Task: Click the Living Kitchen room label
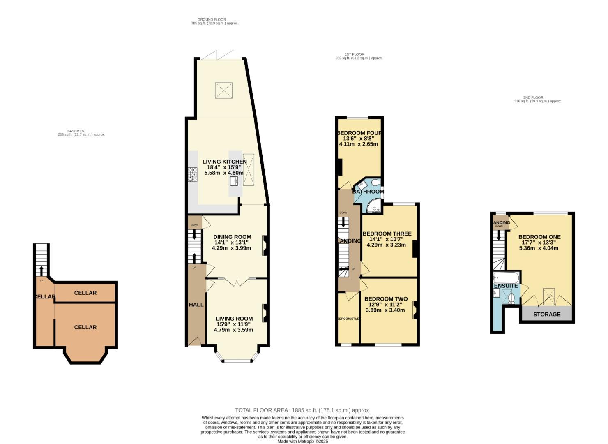[225, 162]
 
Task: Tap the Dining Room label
[232, 237]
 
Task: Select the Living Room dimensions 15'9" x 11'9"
[235, 324]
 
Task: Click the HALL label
[196, 305]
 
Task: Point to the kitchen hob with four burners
[193, 174]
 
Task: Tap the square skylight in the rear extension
[224, 90]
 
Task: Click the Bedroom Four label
[359, 133]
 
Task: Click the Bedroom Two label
[386, 299]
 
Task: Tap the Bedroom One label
[539, 237]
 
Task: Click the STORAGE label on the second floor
[546, 314]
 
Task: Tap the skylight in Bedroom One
[548, 296]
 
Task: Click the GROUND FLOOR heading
[212, 19]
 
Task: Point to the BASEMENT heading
[77, 131]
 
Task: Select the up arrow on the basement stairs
[41, 271]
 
